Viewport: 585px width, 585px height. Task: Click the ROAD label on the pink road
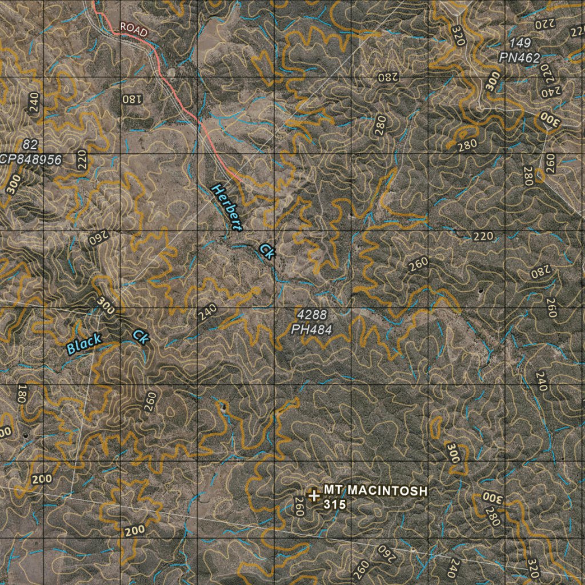(134, 29)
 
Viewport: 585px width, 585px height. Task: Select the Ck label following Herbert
(266, 251)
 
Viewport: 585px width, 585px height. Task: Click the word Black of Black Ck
(84, 344)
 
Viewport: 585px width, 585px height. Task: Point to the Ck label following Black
(141, 337)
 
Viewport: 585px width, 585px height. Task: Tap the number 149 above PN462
(520, 43)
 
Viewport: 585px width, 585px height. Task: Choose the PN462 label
(519, 57)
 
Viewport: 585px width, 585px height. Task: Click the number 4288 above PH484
(312, 314)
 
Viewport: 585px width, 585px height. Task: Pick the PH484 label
(311, 329)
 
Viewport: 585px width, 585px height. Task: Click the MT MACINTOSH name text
(375, 491)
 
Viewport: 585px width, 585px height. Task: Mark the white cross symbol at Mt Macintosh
(313, 495)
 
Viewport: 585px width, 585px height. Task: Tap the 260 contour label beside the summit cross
(298, 506)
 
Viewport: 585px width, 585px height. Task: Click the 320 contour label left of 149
(458, 35)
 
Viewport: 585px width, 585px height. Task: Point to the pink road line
(177, 97)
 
